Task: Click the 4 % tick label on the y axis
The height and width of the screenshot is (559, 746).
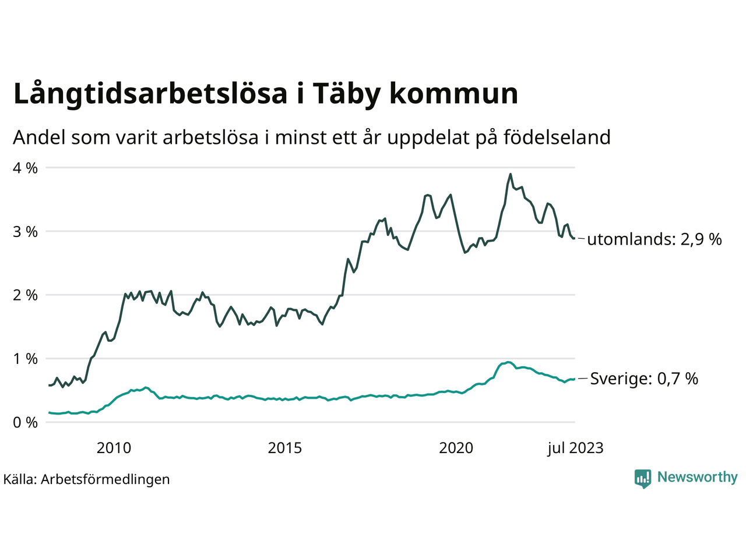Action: click(24, 168)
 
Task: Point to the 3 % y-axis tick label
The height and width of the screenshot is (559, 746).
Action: click(24, 232)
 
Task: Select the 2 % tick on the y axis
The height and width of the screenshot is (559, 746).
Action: click(24, 295)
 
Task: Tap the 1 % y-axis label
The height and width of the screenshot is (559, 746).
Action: click(24, 359)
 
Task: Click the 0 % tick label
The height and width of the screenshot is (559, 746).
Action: click(24, 423)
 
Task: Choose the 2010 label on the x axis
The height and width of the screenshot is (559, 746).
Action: click(114, 448)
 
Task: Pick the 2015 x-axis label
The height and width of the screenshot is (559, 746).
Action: click(285, 448)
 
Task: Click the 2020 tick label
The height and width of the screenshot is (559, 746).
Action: click(456, 448)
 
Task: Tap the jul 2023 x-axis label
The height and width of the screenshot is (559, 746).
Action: click(575, 448)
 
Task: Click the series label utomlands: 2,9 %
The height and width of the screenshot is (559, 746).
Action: click(654, 239)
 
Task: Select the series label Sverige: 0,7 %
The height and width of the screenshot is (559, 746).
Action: click(644, 379)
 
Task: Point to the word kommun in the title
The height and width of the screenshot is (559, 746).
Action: click(453, 94)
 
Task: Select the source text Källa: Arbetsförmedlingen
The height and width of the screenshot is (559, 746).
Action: click(87, 479)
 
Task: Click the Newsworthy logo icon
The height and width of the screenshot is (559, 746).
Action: click(643, 479)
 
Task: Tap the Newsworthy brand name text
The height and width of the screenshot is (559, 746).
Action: click(697, 477)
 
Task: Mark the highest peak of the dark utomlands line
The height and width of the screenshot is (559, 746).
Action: click(511, 174)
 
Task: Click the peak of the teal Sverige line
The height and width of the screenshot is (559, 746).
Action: click(508, 362)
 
